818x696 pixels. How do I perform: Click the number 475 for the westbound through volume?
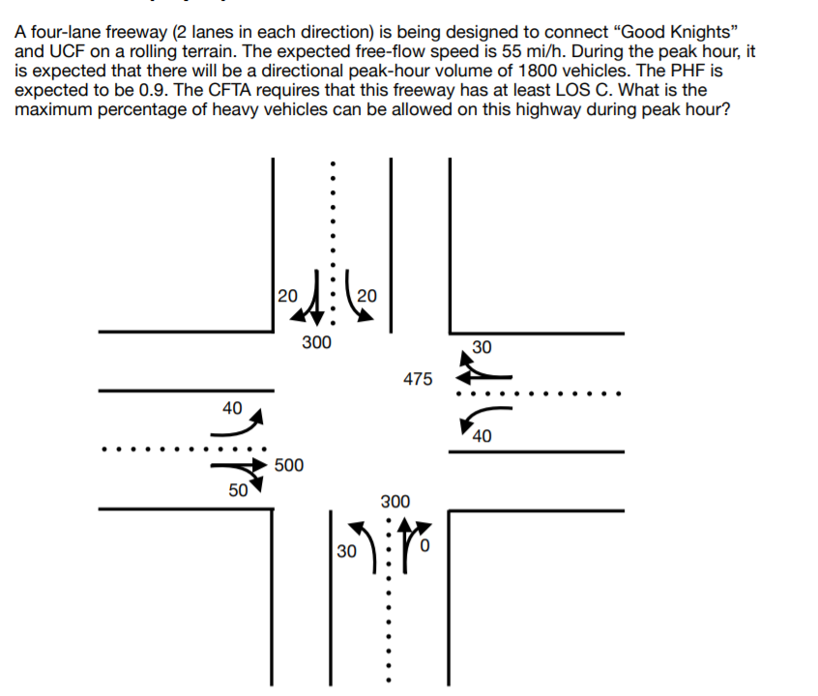pyautogui.click(x=418, y=379)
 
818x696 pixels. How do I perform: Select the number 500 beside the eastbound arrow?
pyautogui.click(x=288, y=466)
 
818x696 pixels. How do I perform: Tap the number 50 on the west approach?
pyautogui.click(x=237, y=490)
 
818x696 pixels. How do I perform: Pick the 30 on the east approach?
pyautogui.click(x=481, y=346)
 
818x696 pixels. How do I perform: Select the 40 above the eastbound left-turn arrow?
pyautogui.click(x=232, y=408)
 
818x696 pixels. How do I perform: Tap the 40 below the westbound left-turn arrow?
pyautogui.click(x=482, y=436)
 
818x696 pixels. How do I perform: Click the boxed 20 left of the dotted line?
pyautogui.click(x=286, y=296)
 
